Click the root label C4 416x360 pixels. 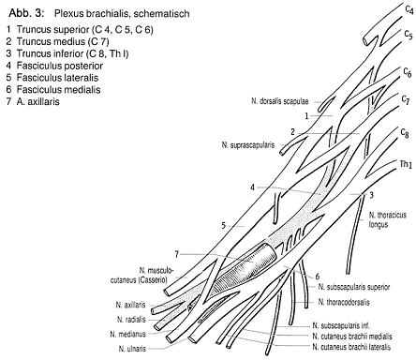(x=409, y=9)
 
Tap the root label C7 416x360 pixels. (x=406, y=99)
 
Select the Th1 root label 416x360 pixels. (x=406, y=164)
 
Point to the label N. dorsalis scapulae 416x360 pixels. (x=280, y=101)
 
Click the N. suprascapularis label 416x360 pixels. (x=248, y=145)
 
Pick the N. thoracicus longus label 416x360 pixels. (x=388, y=219)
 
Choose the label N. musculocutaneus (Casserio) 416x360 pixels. (x=141, y=275)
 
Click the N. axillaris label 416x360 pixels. (x=130, y=305)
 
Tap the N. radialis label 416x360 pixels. (x=131, y=320)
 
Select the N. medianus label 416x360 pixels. (x=127, y=334)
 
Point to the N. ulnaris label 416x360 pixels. (x=132, y=349)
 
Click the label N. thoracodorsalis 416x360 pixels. (x=344, y=302)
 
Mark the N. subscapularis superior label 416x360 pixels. (x=354, y=287)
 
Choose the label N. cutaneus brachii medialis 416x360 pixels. (x=352, y=337)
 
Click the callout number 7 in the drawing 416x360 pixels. (x=177, y=254)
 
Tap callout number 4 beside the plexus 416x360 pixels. (x=252, y=187)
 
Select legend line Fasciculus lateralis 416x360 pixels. (x=52, y=78)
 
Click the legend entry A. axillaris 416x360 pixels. (x=33, y=101)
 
